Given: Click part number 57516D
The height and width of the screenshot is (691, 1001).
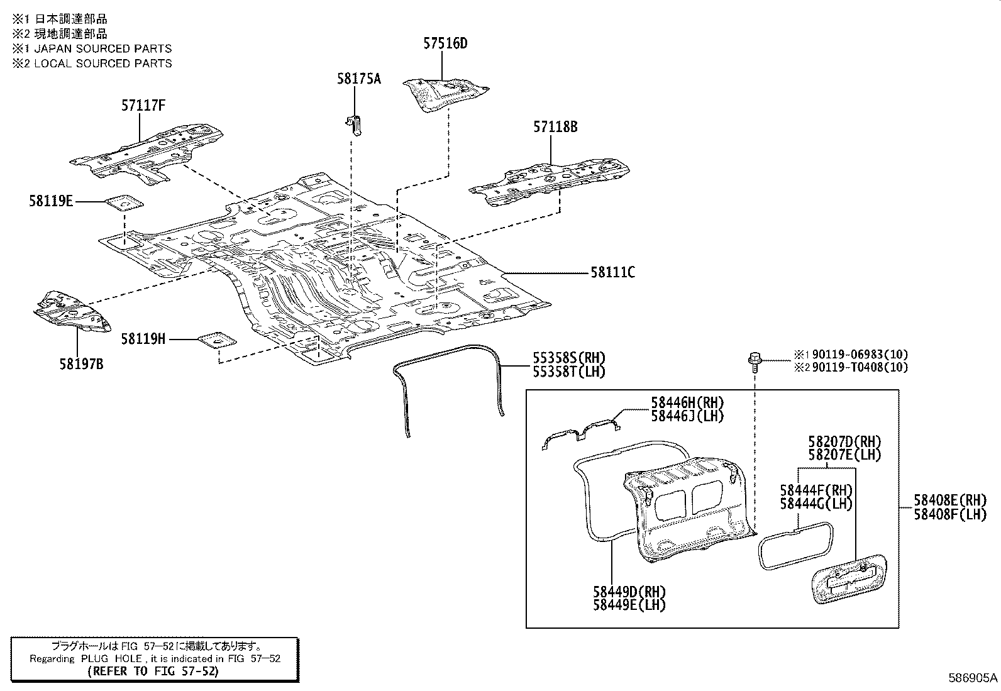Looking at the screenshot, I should (x=445, y=43).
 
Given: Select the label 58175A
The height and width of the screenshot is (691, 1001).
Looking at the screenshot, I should (x=358, y=79).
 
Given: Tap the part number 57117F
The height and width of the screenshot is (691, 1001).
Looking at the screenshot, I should (x=143, y=106).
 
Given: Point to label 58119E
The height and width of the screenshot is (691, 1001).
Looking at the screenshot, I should (x=50, y=201).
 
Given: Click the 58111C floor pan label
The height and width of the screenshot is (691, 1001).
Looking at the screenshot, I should (x=612, y=272).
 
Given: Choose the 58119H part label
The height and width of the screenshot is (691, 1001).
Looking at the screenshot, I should (x=143, y=340).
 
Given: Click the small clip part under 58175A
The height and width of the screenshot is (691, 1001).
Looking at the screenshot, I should (x=355, y=123).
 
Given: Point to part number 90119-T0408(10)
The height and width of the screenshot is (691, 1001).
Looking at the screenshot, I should (x=860, y=367).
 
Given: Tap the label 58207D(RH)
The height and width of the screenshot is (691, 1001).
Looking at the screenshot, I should (x=844, y=442).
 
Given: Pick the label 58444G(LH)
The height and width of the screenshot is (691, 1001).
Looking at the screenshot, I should (x=816, y=504).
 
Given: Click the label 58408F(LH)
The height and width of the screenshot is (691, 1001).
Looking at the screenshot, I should (x=950, y=514).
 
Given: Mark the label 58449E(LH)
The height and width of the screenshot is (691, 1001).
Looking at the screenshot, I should (x=629, y=605).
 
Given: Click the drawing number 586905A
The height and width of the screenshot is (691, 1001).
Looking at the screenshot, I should (x=973, y=678).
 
